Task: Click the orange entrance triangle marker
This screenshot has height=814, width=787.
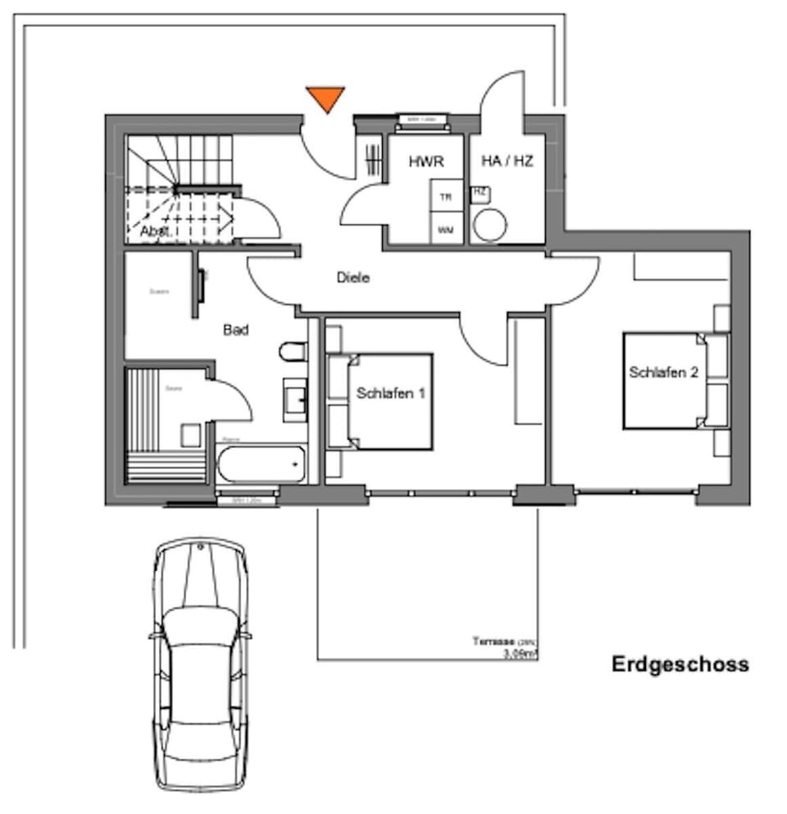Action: tap(326, 98)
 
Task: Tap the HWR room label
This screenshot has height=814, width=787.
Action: tap(426, 162)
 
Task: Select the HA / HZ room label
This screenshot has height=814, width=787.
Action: tap(507, 162)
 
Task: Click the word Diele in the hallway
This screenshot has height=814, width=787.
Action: tap(353, 277)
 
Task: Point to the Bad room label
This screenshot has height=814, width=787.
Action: tap(236, 330)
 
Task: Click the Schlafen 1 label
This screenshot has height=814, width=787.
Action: tap(391, 393)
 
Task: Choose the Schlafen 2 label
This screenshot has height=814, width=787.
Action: tap(663, 372)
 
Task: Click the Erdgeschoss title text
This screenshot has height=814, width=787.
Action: tap(680, 664)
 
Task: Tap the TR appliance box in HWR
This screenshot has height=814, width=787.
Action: tap(446, 198)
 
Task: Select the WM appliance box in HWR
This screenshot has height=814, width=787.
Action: tap(446, 230)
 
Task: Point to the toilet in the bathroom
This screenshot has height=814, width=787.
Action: tap(292, 352)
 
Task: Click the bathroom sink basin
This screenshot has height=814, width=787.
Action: tap(296, 400)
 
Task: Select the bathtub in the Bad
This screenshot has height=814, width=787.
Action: tap(262, 464)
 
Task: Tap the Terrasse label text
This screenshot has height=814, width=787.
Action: tap(492, 641)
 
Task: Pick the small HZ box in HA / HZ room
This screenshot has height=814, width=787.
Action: tap(480, 193)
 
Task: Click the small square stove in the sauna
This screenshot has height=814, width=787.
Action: tap(190, 435)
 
